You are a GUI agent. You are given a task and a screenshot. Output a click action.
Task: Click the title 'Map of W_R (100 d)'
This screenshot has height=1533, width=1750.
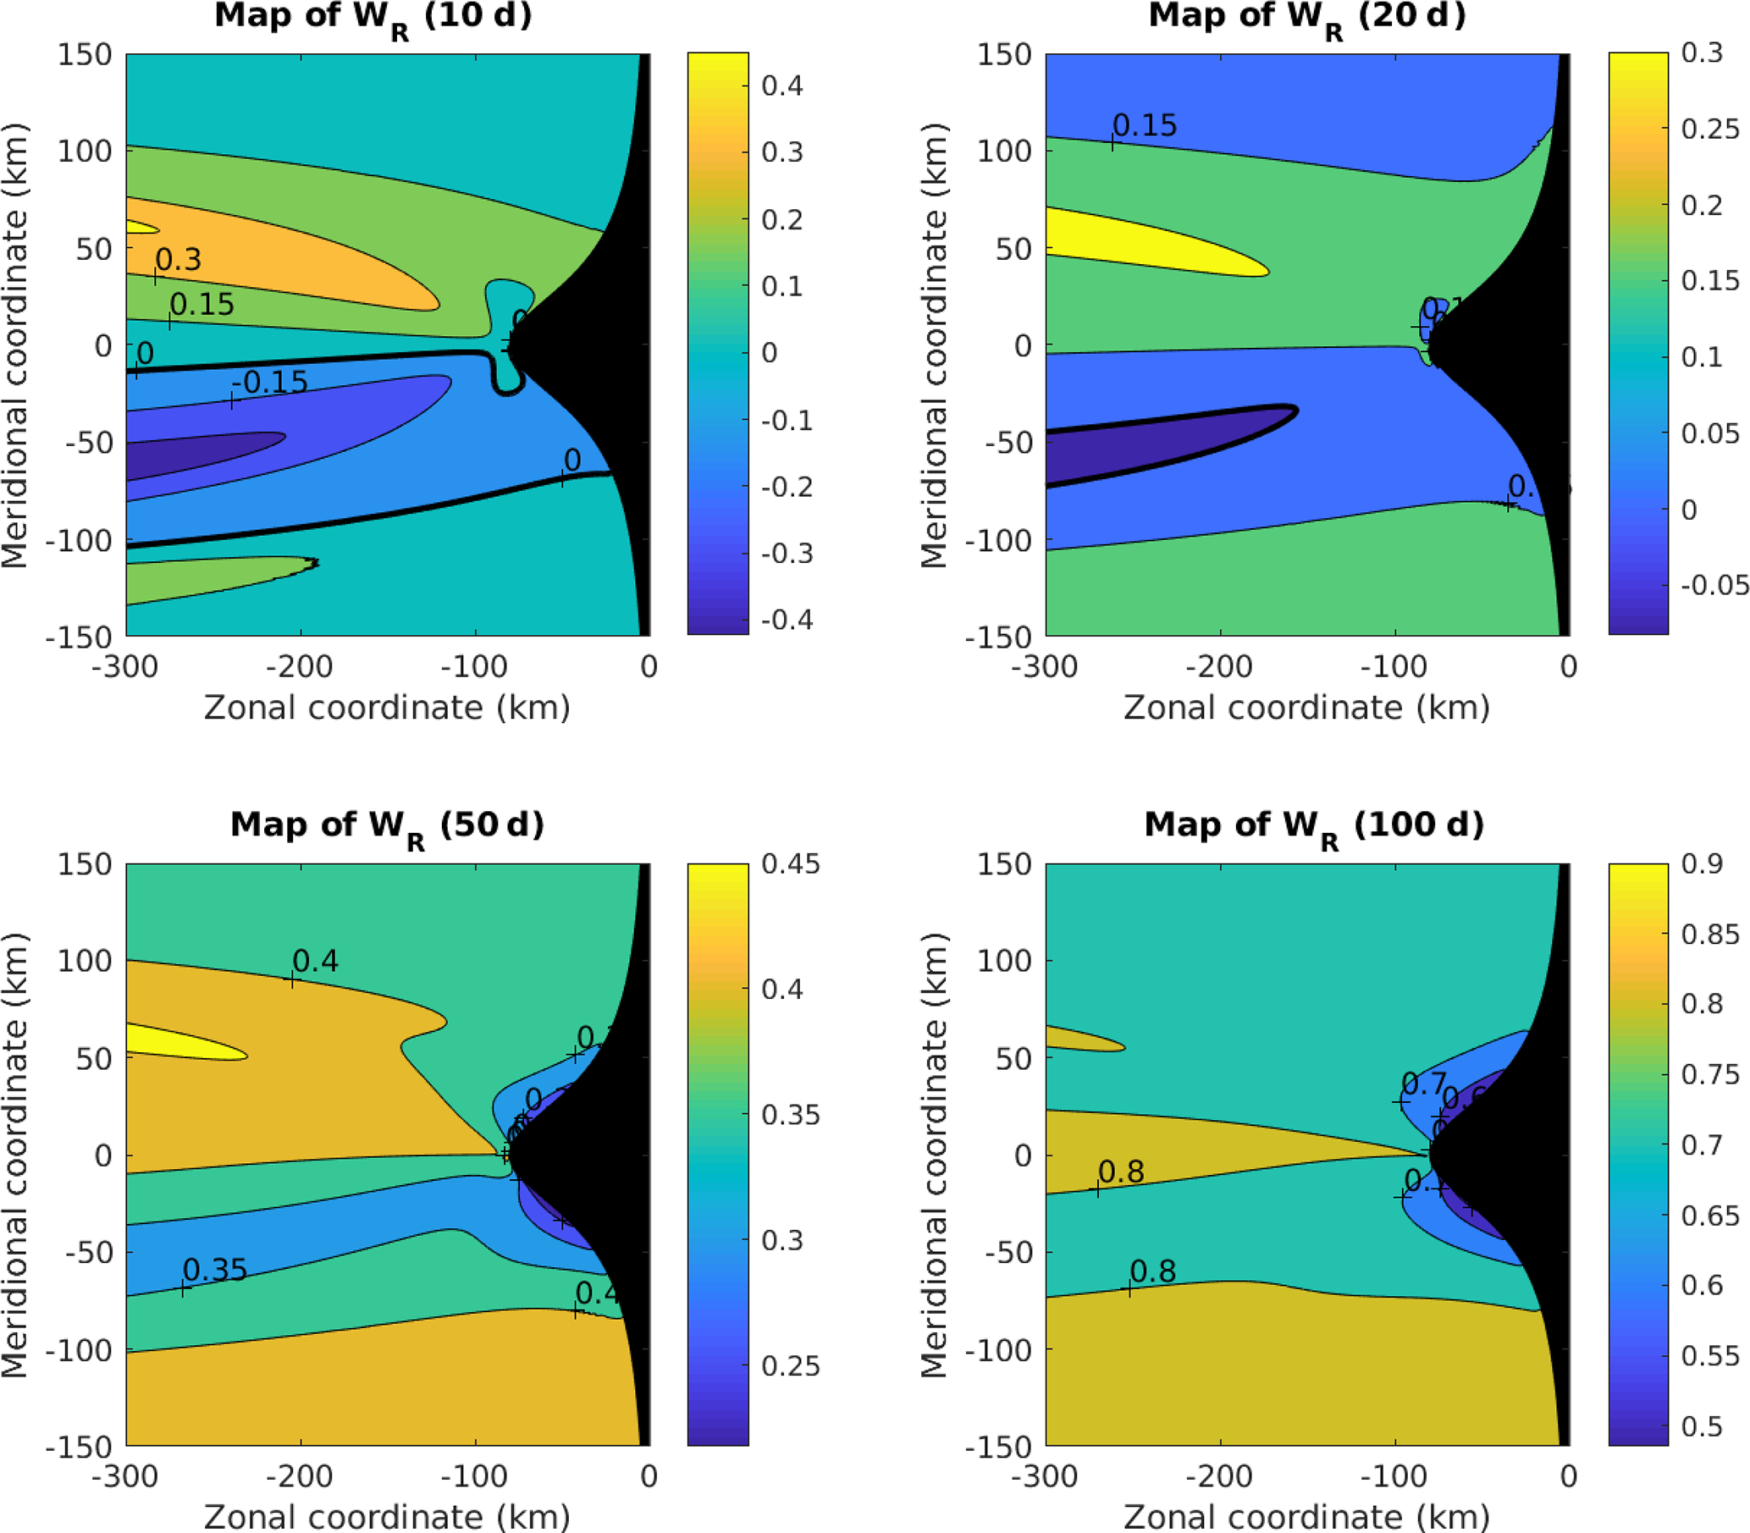click(x=1313, y=826)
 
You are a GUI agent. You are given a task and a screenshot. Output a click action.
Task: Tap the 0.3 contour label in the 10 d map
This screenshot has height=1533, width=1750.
click(x=178, y=260)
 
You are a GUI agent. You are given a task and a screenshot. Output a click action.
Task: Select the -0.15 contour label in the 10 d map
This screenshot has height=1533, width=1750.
click(x=269, y=383)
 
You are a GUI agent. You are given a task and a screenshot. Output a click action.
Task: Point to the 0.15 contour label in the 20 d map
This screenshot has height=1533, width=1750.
click(x=1145, y=126)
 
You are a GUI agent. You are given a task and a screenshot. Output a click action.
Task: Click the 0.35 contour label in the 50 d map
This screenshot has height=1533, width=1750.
click(x=215, y=1271)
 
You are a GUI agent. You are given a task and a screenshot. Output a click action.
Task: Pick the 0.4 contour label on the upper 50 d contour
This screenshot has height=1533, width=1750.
click(x=316, y=962)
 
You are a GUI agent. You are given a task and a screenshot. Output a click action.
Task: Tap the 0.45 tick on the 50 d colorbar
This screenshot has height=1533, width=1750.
click(x=791, y=864)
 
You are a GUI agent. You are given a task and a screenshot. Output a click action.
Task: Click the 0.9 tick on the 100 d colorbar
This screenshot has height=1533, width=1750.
click(x=1701, y=864)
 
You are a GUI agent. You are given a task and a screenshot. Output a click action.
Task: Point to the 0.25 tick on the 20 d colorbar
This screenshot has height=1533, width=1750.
click(x=1709, y=130)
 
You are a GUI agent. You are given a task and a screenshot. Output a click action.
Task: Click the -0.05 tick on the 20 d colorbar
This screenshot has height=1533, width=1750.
click(x=1714, y=585)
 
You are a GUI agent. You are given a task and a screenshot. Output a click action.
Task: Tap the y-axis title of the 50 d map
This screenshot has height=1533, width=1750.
click(x=15, y=1155)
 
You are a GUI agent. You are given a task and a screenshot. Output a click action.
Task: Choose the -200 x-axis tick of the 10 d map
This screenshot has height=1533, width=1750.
click(x=300, y=666)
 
